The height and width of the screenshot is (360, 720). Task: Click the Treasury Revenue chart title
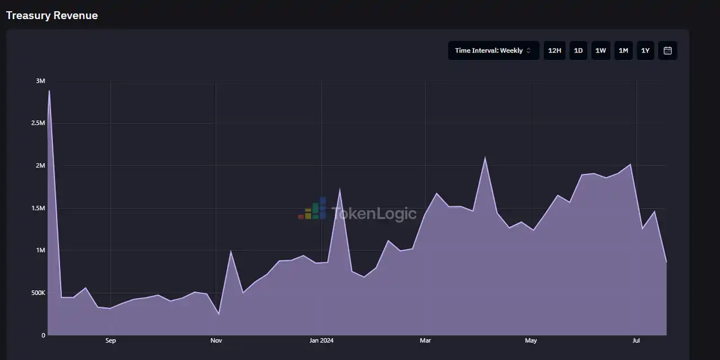click(52, 16)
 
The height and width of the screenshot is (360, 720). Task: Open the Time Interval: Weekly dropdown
click(493, 51)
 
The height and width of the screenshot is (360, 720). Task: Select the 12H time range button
click(555, 51)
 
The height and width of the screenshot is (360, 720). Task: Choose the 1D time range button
click(578, 51)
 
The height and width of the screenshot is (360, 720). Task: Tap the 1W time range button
click(601, 51)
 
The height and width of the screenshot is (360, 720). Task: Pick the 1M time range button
click(623, 51)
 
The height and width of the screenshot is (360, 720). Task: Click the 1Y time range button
click(645, 51)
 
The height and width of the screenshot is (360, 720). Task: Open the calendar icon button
click(668, 51)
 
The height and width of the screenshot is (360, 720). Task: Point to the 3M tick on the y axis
click(40, 81)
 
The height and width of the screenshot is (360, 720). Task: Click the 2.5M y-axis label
click(38, 123)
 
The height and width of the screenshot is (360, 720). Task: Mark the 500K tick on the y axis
click(38, 293)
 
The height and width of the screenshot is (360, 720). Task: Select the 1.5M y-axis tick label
click(38, 208)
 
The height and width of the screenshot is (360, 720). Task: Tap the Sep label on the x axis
click(111, 341)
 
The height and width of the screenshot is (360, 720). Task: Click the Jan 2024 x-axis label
click(322, 341)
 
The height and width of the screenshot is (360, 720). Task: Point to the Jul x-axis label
click(636, 341)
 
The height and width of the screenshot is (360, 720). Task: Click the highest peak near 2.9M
click(49, 91)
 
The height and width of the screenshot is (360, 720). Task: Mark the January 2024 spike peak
click(340, 190)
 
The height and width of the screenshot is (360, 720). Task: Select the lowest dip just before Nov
click(219, 314)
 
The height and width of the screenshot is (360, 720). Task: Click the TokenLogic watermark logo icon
click(313, 209)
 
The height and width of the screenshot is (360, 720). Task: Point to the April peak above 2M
click(485, 157)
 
